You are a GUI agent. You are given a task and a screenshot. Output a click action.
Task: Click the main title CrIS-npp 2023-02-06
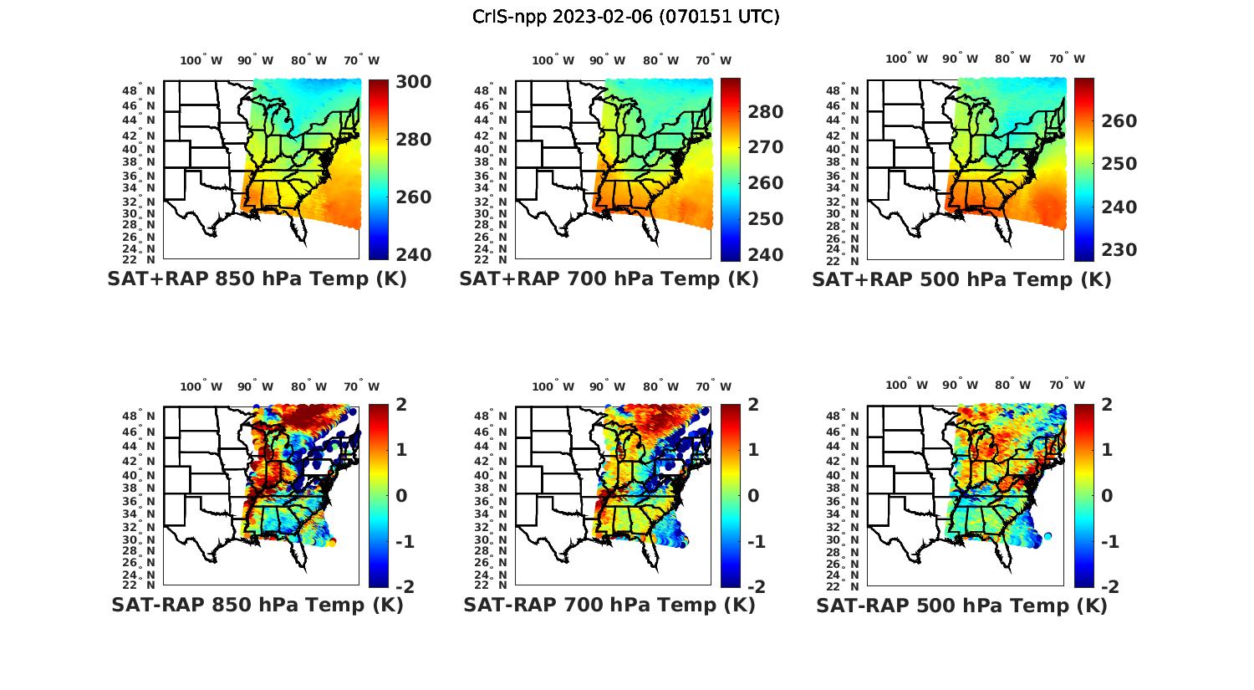coord(625,17)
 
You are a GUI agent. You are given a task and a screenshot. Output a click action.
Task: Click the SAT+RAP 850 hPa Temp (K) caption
coord(257,279)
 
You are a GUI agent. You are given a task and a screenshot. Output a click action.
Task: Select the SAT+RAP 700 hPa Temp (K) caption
coord(609,279)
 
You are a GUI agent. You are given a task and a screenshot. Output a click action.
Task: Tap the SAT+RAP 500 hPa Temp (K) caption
coord(961,279)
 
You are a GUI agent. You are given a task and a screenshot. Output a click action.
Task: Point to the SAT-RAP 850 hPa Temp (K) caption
coord(257,605)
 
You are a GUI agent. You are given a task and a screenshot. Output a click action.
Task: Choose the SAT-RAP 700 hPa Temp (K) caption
coord(609,605)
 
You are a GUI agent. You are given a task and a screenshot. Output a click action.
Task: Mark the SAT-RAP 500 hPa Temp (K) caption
coord(961,605)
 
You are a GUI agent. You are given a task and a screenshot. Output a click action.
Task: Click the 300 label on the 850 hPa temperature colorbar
coord(413,82)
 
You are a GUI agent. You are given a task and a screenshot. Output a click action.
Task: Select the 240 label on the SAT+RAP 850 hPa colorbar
coord(413,254)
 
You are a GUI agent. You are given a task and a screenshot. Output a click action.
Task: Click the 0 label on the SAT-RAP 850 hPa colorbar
coord(401,495)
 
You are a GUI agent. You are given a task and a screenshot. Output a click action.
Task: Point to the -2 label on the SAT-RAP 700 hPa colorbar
coord(748,586)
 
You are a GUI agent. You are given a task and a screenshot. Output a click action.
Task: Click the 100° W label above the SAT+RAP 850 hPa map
coord(201,60)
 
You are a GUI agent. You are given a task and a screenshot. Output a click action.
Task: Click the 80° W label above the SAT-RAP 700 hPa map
coord(662,386)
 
